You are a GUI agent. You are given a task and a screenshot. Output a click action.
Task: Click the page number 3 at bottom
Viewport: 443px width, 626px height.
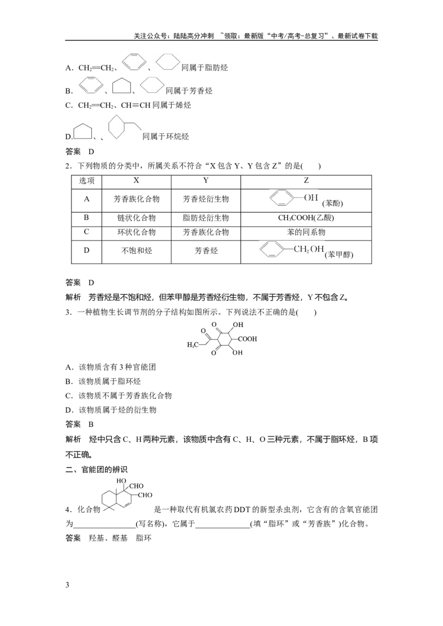click(67, 585)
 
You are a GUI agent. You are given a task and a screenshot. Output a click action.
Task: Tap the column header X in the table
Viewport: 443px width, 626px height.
click(136, 180)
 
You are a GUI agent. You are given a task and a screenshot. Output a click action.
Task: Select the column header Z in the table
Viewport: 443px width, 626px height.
click(306, 180)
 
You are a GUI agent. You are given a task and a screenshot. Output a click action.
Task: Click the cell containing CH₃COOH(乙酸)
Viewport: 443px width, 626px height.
click(306, 218)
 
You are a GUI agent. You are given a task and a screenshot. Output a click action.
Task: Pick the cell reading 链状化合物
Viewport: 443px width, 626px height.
click(136, 218)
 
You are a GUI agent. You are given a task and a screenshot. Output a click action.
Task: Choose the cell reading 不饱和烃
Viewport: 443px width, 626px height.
click(136, 251)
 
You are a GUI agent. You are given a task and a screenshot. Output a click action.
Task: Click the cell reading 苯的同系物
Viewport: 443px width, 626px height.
click(306, 232)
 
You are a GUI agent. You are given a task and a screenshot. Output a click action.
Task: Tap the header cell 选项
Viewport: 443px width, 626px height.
click(86, 180)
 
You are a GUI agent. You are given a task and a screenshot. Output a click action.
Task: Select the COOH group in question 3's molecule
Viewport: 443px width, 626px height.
click(248, 339)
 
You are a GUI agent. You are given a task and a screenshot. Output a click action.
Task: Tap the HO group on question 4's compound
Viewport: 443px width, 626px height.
click(121, 481)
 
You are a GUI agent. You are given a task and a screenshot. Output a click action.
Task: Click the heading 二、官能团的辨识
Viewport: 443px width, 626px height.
click(96, 470)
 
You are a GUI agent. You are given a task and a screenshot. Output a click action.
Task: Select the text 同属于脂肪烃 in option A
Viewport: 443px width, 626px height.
click(205, 68)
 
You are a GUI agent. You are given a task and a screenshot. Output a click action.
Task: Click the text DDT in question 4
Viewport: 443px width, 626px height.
click(242, 509)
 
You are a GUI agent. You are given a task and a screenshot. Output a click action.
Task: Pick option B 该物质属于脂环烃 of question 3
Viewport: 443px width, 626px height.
click(103, 381)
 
